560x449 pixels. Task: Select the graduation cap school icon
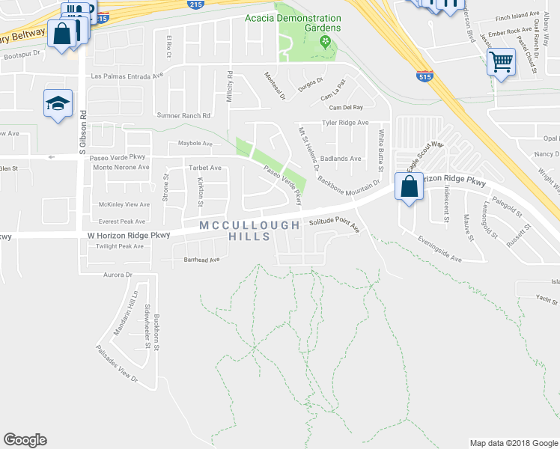pyautogui.click(x=58, y=105)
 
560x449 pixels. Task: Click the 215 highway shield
pyautogui.click(x=103, y=16)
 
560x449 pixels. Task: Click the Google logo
pyautogui.click(x=25, y=440)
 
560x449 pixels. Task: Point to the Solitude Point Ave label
pyautogui.click(x=335, y=226)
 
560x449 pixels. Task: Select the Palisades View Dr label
pyautogui.click(x=118, y=364)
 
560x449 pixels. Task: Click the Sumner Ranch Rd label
pyautogui.click(x=183, y=115)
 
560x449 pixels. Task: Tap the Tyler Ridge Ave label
pyautogui.click(x=345, y=122)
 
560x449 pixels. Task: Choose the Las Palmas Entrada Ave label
pyautogui.click(x=127, y=76)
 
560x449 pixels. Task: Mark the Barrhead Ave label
pyautogui.click(x=201, y=260)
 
